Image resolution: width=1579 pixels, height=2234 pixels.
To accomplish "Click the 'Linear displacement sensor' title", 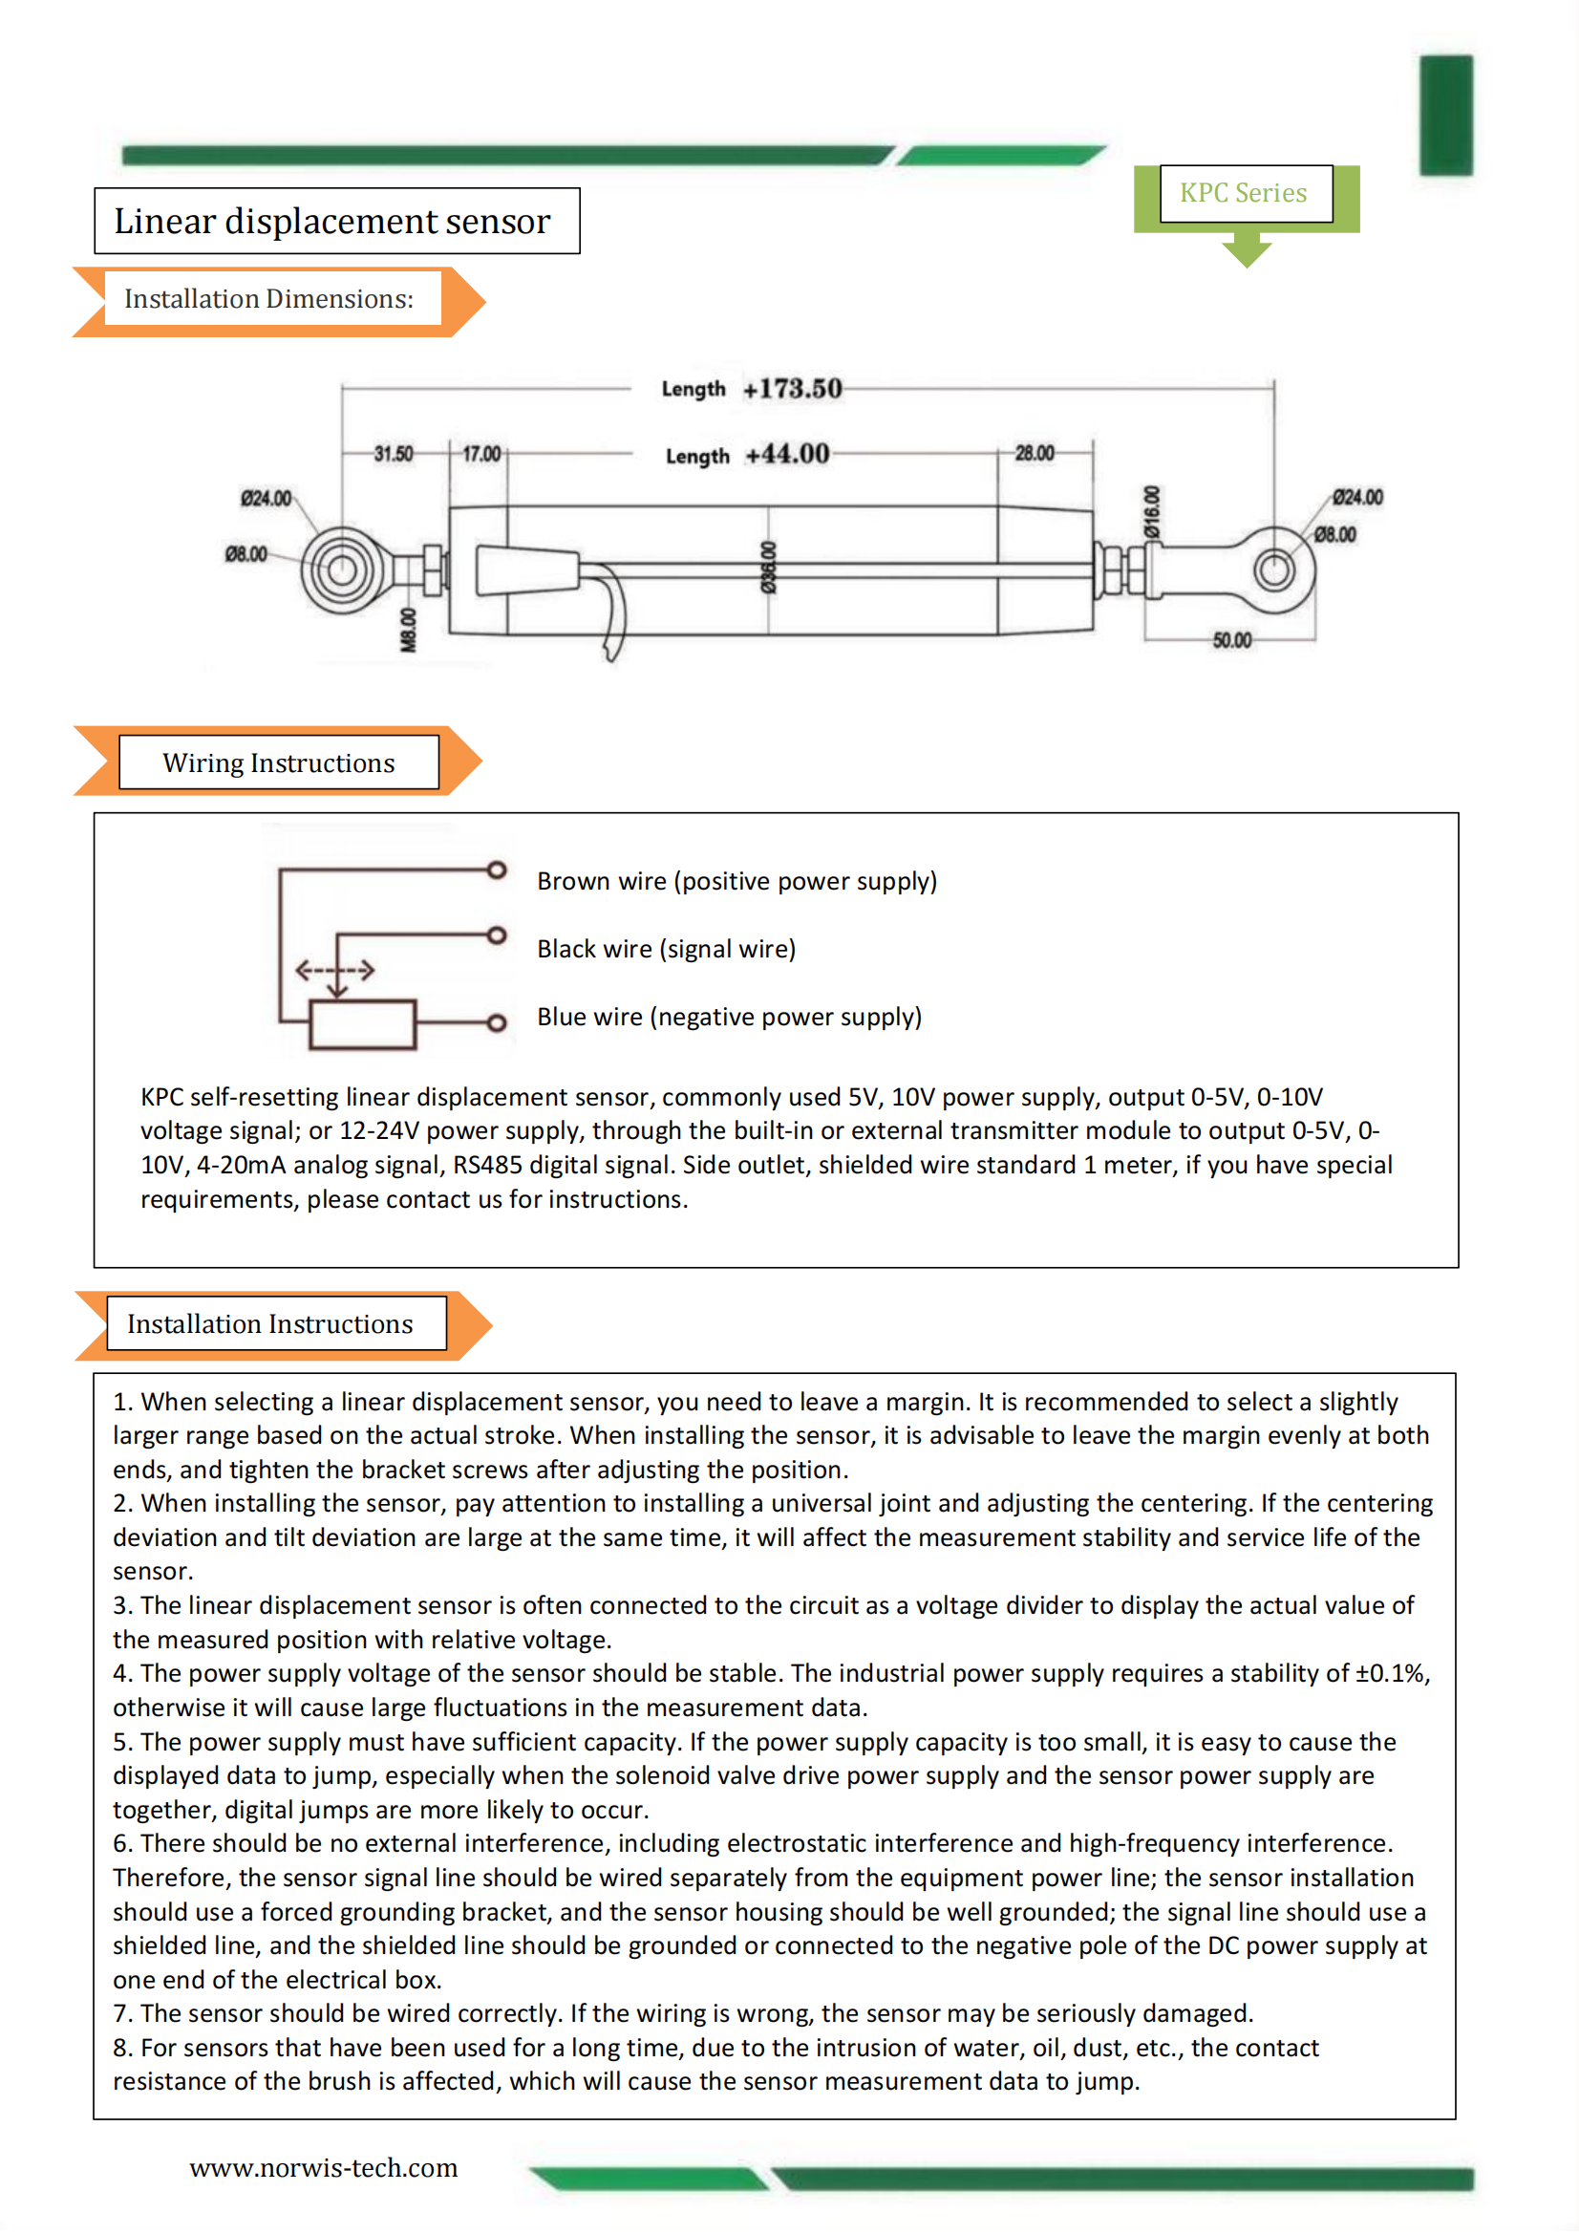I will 332,222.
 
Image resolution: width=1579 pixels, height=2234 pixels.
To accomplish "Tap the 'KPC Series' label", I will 1244,193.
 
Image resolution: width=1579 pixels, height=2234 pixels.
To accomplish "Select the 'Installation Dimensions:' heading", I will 268,299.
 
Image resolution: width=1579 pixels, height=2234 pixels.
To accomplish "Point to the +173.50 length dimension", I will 792,389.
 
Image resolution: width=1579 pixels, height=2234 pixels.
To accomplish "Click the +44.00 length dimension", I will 787,455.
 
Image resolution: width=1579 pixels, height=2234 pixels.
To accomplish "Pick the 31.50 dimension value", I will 393,455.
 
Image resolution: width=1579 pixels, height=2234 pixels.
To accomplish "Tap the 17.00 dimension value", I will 481,455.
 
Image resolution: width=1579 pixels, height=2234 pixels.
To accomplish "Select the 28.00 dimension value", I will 1035,454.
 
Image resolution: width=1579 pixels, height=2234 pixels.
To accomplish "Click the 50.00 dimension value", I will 1231,640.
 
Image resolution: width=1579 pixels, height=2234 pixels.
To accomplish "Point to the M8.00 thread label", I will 409,630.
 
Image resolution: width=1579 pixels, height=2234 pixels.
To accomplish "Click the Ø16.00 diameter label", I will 1153,513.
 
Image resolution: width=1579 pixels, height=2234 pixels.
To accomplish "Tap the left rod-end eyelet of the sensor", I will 340,570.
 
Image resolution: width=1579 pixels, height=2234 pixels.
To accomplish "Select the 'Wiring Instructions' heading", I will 278,763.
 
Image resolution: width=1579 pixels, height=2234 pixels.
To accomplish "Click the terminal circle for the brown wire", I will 496,870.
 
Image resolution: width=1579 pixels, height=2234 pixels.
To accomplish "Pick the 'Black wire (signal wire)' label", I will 667,949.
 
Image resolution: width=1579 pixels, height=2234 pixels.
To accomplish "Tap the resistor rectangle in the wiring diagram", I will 362,1023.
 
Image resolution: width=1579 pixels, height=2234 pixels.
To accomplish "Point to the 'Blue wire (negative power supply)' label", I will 729,1017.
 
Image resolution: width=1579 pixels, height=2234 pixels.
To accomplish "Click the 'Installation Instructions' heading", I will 270,1324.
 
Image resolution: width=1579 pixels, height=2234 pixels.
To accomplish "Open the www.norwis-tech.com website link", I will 323,2168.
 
